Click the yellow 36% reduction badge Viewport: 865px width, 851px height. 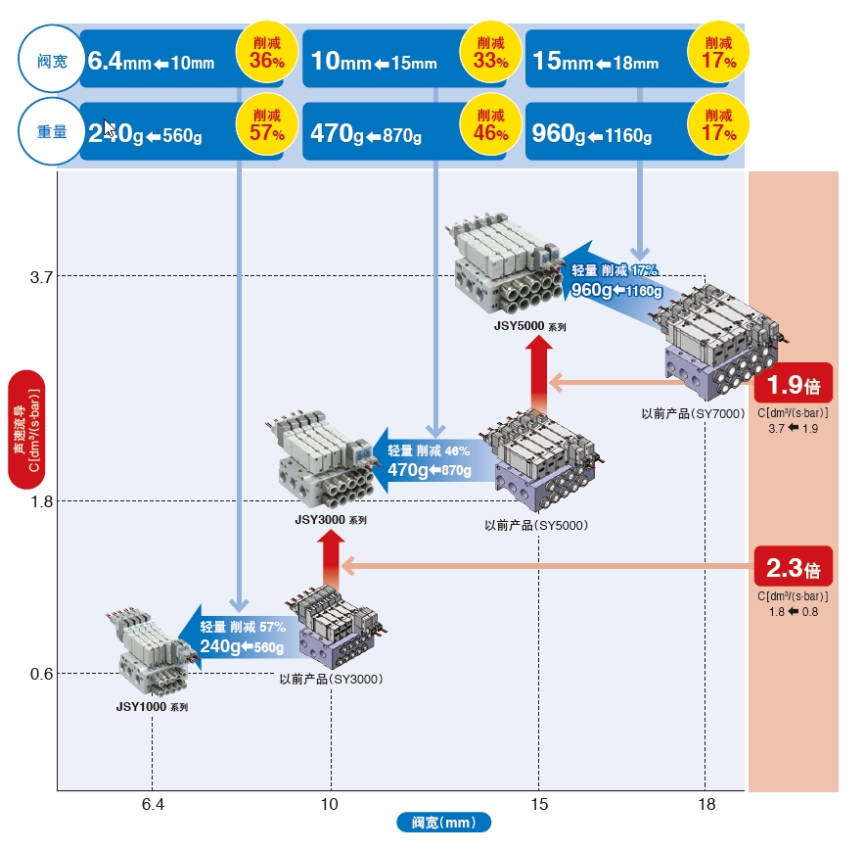click(x=267, y=53)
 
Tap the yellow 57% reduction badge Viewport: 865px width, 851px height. click(x=267, y=124)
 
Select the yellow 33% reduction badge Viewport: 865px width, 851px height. click(x=490, y=53)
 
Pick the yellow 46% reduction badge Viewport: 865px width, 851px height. click(x=490, y=124)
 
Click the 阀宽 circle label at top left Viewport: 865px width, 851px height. click(x=52, y=59)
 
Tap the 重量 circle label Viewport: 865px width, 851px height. click(x=52, y=131)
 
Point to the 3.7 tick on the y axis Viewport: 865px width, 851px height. click(x=41, y=277)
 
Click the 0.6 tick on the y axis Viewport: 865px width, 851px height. click(x=41, y=674)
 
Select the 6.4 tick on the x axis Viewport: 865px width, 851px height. click(x=153, y=804)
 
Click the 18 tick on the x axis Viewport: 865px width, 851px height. click(x=706, y=804)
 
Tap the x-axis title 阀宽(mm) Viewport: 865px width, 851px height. click(x=443, y=823)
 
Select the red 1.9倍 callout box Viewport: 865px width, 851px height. click(x=794, y=383)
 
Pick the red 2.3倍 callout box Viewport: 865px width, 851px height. click(x=794, y=567)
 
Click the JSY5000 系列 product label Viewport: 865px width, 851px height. click(x=529, y=326)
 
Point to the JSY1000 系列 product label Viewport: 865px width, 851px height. click(x=152, y=707)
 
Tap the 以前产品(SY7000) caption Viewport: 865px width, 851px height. click(x=693, y=413)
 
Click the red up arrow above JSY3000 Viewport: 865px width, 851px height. click(x=331, y=560)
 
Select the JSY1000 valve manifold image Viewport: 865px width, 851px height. click(x=151, y=653)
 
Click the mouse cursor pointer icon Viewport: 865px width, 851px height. click(x=109, y=128)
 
